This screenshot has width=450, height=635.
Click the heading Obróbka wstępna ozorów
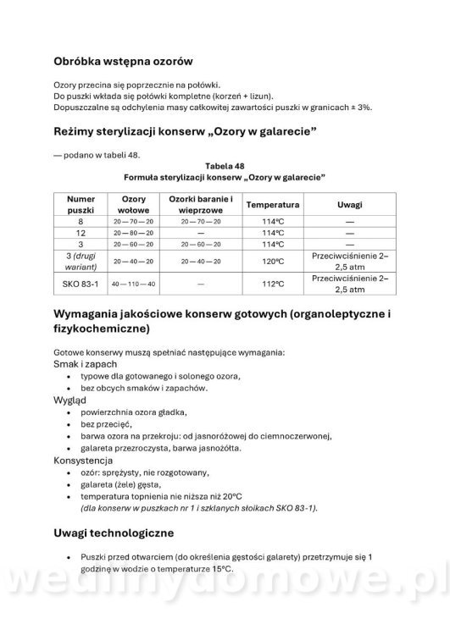[x=124, y=61]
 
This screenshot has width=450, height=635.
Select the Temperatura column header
[x=272, y=205]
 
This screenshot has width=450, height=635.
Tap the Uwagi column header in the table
[x=350, y=205]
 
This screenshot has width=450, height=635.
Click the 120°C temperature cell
[x=272, y=261]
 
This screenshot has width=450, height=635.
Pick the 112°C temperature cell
[x=272, y=284]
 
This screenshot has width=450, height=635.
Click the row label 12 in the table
[x=81, y=232]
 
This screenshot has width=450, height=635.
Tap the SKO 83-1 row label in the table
[x=81, y=284]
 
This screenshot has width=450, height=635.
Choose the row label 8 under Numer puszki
[x=81, y=221]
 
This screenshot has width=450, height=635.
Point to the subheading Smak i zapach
[x=86, y=363]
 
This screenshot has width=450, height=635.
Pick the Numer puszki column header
[x=81, y=205]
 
